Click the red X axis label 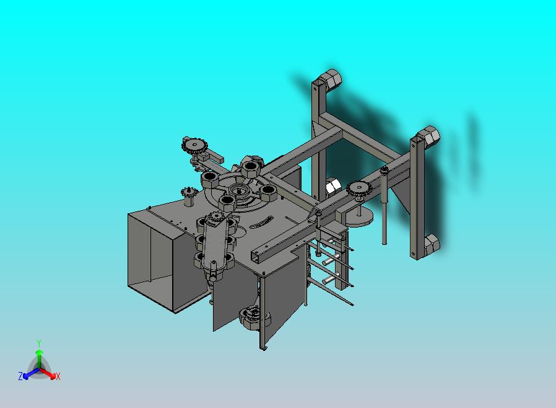point(58,376)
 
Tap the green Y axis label point(39,343)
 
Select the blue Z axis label point(20,376)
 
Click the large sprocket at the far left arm point(194,145)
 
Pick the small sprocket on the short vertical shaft point(188,193)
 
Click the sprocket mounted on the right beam point(358,188)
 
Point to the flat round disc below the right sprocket point(360,216)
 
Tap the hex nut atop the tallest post point(330,79)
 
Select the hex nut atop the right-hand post point(428,135)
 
